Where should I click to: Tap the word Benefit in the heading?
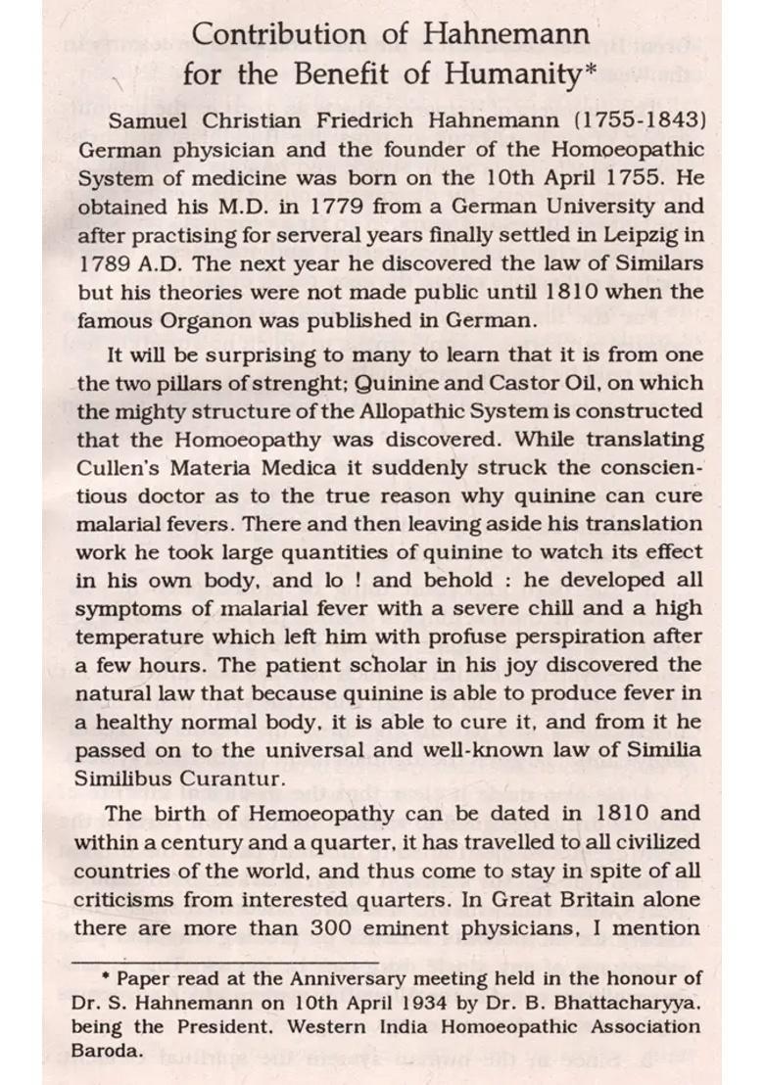pos(327,74)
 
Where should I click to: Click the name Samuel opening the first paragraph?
pos(148,121)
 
